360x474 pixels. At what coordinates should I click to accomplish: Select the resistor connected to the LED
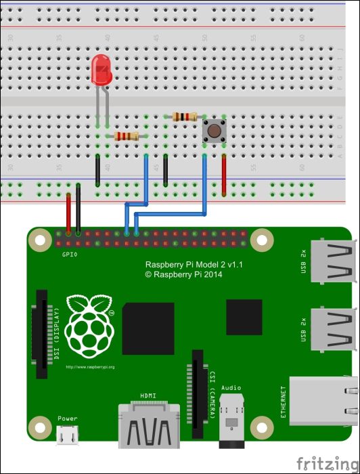pos(127,136)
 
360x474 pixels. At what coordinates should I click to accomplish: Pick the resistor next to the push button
pos(185,116)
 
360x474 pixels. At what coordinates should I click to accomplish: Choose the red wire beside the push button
pos(224,173)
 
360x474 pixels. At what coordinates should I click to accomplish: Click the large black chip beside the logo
pos(148,328)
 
